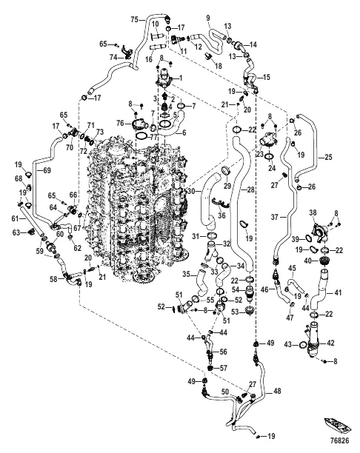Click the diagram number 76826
[x=340, y=441]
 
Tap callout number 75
[x=135, y=20]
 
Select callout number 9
[x=208, y=18]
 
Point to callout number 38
[x=313, y=212]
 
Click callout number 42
[x=330, y=343]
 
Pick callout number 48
[x=277, y=391]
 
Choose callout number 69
[x=47, y=170]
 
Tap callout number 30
[x=191, y=191]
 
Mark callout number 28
[x=250, y=189]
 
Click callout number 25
[x=328, y=158]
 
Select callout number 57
[x=223, y=368]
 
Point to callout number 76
[x=120, y=124]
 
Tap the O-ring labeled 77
[x=142, y=135]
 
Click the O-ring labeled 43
[x=302, y=344]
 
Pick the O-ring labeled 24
[x=269, y=156]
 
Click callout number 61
[x=15, y=219]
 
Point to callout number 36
[x=221, y=215]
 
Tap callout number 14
[x=253, y=44]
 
